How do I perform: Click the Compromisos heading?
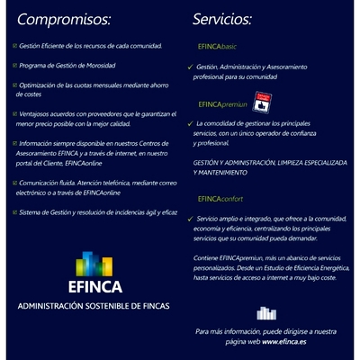65,19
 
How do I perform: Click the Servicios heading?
222,19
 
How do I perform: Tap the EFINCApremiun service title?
221,105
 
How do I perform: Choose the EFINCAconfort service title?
220,198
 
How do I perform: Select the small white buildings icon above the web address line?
265,314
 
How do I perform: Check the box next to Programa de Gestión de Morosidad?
14,65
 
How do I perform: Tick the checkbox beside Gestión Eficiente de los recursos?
14,45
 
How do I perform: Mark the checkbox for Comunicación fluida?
14,182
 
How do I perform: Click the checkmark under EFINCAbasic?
190,67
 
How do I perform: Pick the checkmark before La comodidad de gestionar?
190,123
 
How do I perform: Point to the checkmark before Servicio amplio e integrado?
190,219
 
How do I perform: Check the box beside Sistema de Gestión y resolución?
14,211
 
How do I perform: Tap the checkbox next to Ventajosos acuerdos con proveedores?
14,113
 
